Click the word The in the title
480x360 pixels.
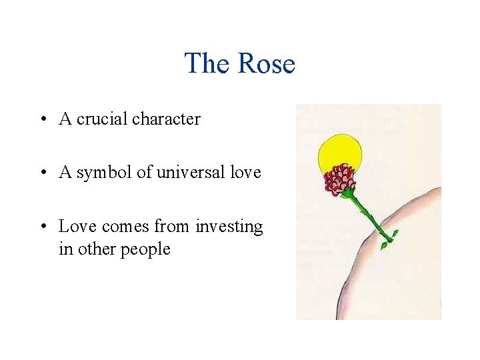(x=207, y=64)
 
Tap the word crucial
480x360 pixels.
(x=102, y=119)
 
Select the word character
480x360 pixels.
(x=166, y=119)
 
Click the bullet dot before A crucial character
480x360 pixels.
(x=42, y=120)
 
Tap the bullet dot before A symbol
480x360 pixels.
(x=42, y=173)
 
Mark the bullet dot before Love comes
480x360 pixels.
(x=42, y=227)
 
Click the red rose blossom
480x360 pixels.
(x=339, y=179)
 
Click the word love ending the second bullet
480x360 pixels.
(x=246, y=173)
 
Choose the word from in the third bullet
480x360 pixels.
(x=172, y=227)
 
